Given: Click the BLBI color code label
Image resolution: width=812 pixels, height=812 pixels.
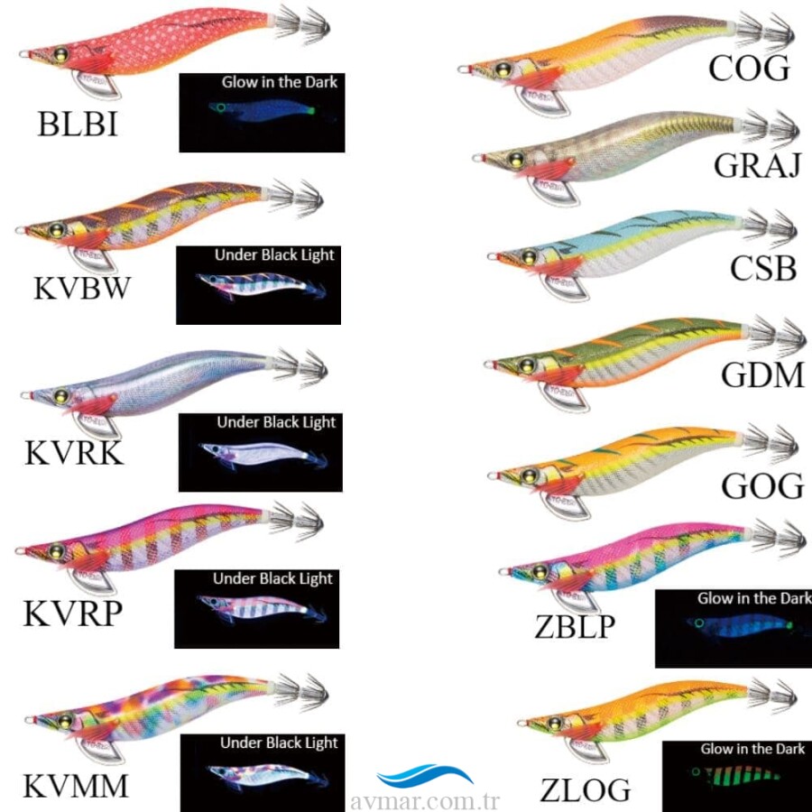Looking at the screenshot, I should coord(77,124).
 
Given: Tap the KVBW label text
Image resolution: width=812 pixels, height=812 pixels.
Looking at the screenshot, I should coord(82,291).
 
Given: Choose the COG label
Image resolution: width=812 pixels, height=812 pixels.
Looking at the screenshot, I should coord(749,68).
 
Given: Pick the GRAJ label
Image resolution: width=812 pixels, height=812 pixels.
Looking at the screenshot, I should coord(756,165).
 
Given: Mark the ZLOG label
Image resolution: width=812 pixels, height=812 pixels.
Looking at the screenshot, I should coord(586,789).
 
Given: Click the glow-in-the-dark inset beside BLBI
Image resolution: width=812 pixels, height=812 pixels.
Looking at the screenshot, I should coord(263,112).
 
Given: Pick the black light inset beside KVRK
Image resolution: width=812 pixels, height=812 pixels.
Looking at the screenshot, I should coord(259,452).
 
